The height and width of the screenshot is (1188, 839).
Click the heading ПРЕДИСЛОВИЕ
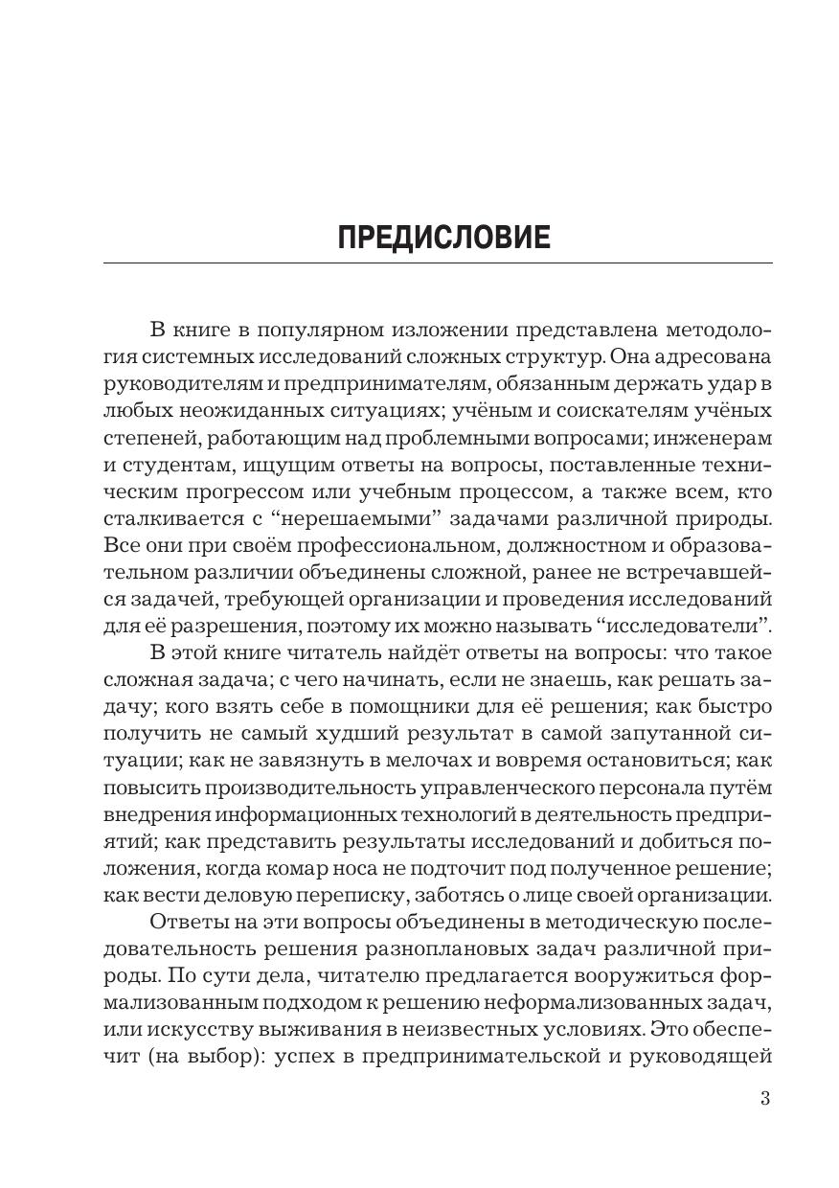click(444, 237)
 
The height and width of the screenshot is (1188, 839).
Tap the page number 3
click(765, 1098)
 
